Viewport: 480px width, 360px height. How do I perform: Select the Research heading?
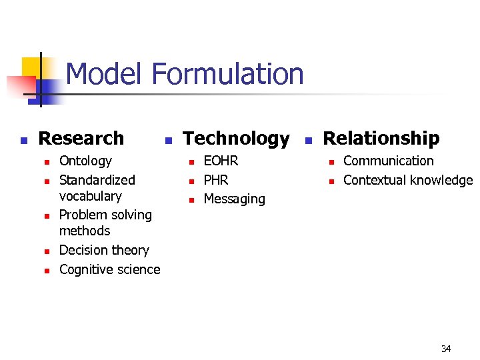click(x=81, y=138)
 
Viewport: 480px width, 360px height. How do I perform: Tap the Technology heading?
click(x=236, y=139)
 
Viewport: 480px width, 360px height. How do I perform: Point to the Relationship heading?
click(x=381, y=138)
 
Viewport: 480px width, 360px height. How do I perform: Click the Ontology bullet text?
click(x=85, y=161)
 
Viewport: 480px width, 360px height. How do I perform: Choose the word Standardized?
click(x=97, y=180)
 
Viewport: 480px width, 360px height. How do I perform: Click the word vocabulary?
click(x=90, y=196)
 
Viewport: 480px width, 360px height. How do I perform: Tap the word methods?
click(x=85, y=231)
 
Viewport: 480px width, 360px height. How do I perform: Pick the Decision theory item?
click(x=104, y=250)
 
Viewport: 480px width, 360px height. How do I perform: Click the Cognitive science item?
click(x=109, y=269)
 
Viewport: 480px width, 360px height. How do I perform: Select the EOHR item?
click(x=221, y=161)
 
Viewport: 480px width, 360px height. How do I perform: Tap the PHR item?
click(x=216, y=180)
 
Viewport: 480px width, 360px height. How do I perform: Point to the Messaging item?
click(x=234, y=199)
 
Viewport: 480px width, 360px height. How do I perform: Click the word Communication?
click(x=388, y=161)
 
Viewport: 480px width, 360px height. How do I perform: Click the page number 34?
click(x=446, y=349)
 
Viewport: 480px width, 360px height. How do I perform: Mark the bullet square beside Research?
click(x=23, y=140)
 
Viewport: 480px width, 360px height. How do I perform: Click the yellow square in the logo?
click(x=31, y=67)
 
